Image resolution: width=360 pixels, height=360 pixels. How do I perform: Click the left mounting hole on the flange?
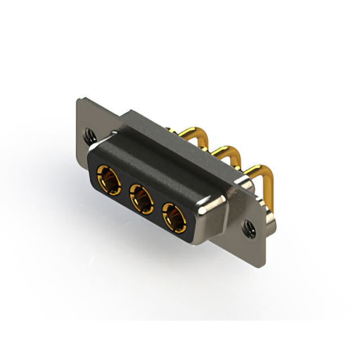pyautogui.click(x=89, y=135)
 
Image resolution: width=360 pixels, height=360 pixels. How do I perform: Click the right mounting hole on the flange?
pyautogui.click(x=247, y=227)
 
